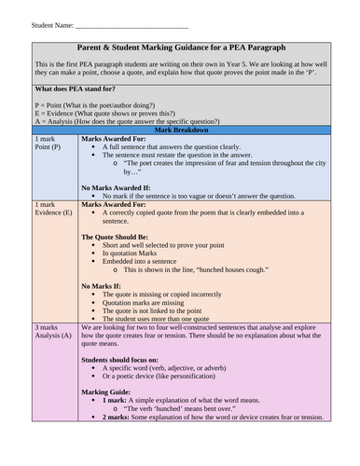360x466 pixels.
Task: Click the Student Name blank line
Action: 131,25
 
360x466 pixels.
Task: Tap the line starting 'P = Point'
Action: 104,105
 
